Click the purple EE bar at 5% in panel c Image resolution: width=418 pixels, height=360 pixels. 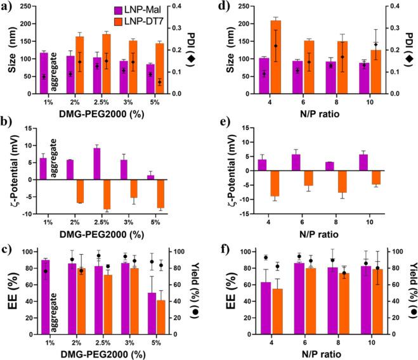[x=151, y=313]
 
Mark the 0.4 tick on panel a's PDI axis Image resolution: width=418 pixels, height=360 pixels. [x=183, y=6]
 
